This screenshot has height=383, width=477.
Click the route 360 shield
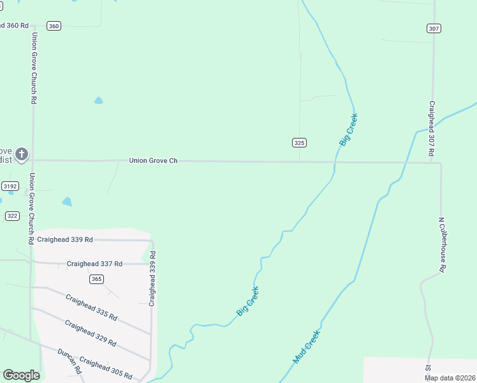54,26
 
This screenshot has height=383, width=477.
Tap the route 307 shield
434,29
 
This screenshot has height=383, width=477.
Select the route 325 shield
300,142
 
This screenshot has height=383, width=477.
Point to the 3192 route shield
10,186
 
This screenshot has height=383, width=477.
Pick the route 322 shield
12,216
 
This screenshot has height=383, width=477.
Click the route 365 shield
96,279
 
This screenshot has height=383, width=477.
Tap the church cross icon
22,154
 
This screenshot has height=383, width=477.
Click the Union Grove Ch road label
153,161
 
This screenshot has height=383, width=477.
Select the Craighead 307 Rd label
432,129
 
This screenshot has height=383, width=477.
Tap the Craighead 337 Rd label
98,264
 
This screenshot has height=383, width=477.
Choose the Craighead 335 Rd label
91,306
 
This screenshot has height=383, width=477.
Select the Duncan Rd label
70,361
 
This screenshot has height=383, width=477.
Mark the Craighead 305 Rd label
106,368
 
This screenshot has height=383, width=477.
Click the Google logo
21,375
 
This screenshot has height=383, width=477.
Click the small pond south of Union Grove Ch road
67,202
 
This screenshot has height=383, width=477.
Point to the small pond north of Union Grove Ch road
98,100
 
